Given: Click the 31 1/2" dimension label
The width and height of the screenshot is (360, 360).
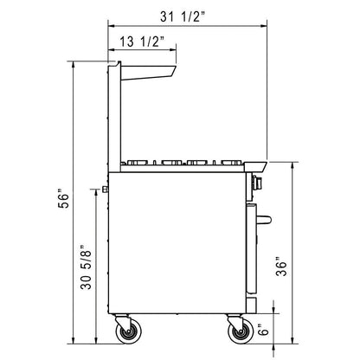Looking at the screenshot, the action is [183, 17].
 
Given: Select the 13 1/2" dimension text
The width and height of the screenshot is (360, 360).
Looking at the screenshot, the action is [142, 42].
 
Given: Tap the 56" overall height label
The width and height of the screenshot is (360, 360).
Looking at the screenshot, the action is [63, 198].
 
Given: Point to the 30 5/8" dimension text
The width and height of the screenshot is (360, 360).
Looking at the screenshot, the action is [86, 267].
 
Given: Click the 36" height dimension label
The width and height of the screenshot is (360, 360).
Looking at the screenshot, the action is [281, 267].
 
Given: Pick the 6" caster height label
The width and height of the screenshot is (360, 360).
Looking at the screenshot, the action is [264, 329].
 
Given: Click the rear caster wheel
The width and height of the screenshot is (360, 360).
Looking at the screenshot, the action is [128, 333].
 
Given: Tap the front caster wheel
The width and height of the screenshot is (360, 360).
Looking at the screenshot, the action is [241, 333].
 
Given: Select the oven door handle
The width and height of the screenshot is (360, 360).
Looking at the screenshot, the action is [264, 220].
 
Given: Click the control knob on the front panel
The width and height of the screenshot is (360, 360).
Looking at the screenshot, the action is [258, 182].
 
